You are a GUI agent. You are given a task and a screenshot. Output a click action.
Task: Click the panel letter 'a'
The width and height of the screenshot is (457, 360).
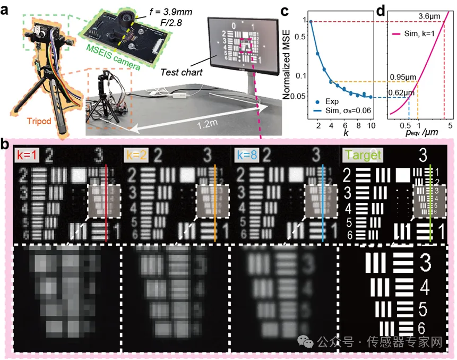pyautogui.click(x=7, y=9)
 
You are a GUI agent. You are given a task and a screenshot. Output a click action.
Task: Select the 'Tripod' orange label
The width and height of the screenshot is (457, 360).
pyautogui.click(x=39, y=121)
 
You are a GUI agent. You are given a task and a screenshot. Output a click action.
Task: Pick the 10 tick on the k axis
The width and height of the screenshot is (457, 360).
pyautogui.click(x=371, y=125)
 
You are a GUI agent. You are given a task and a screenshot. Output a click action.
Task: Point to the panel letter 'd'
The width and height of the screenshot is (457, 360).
pyautogui.click(x=381, y=9)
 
